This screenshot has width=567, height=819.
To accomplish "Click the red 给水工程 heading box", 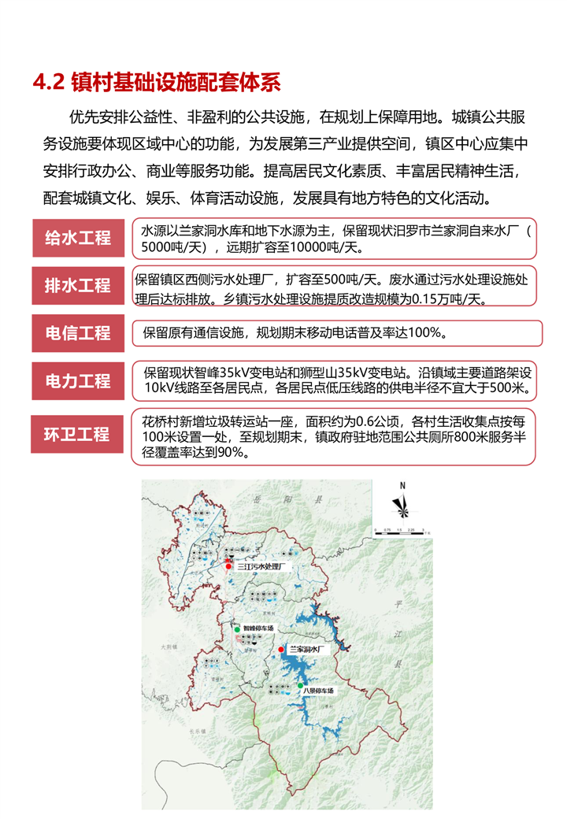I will click(77, 237).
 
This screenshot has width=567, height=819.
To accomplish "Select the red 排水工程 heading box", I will click(77, 285).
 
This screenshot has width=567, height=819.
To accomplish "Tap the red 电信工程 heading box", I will click(77, 333).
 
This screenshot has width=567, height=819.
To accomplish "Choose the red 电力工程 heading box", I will click(77, 381).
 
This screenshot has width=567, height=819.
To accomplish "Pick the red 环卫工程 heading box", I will click(77, 434).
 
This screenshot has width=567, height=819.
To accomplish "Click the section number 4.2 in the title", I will click(48, 82).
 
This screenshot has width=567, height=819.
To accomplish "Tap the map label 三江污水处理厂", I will click(265, 566).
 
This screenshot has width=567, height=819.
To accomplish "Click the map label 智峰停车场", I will click(258, 628).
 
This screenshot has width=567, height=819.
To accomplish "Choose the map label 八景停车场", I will click(320, 691).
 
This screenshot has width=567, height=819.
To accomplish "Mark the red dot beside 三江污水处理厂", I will click(228, 566).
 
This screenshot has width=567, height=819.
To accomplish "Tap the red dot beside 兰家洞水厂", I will click(282, 650).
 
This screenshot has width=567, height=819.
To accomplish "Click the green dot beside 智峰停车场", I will click(236, 628).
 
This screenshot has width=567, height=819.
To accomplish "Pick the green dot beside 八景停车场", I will click(300, 686).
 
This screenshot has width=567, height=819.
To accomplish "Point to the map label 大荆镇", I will click(169, 647).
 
